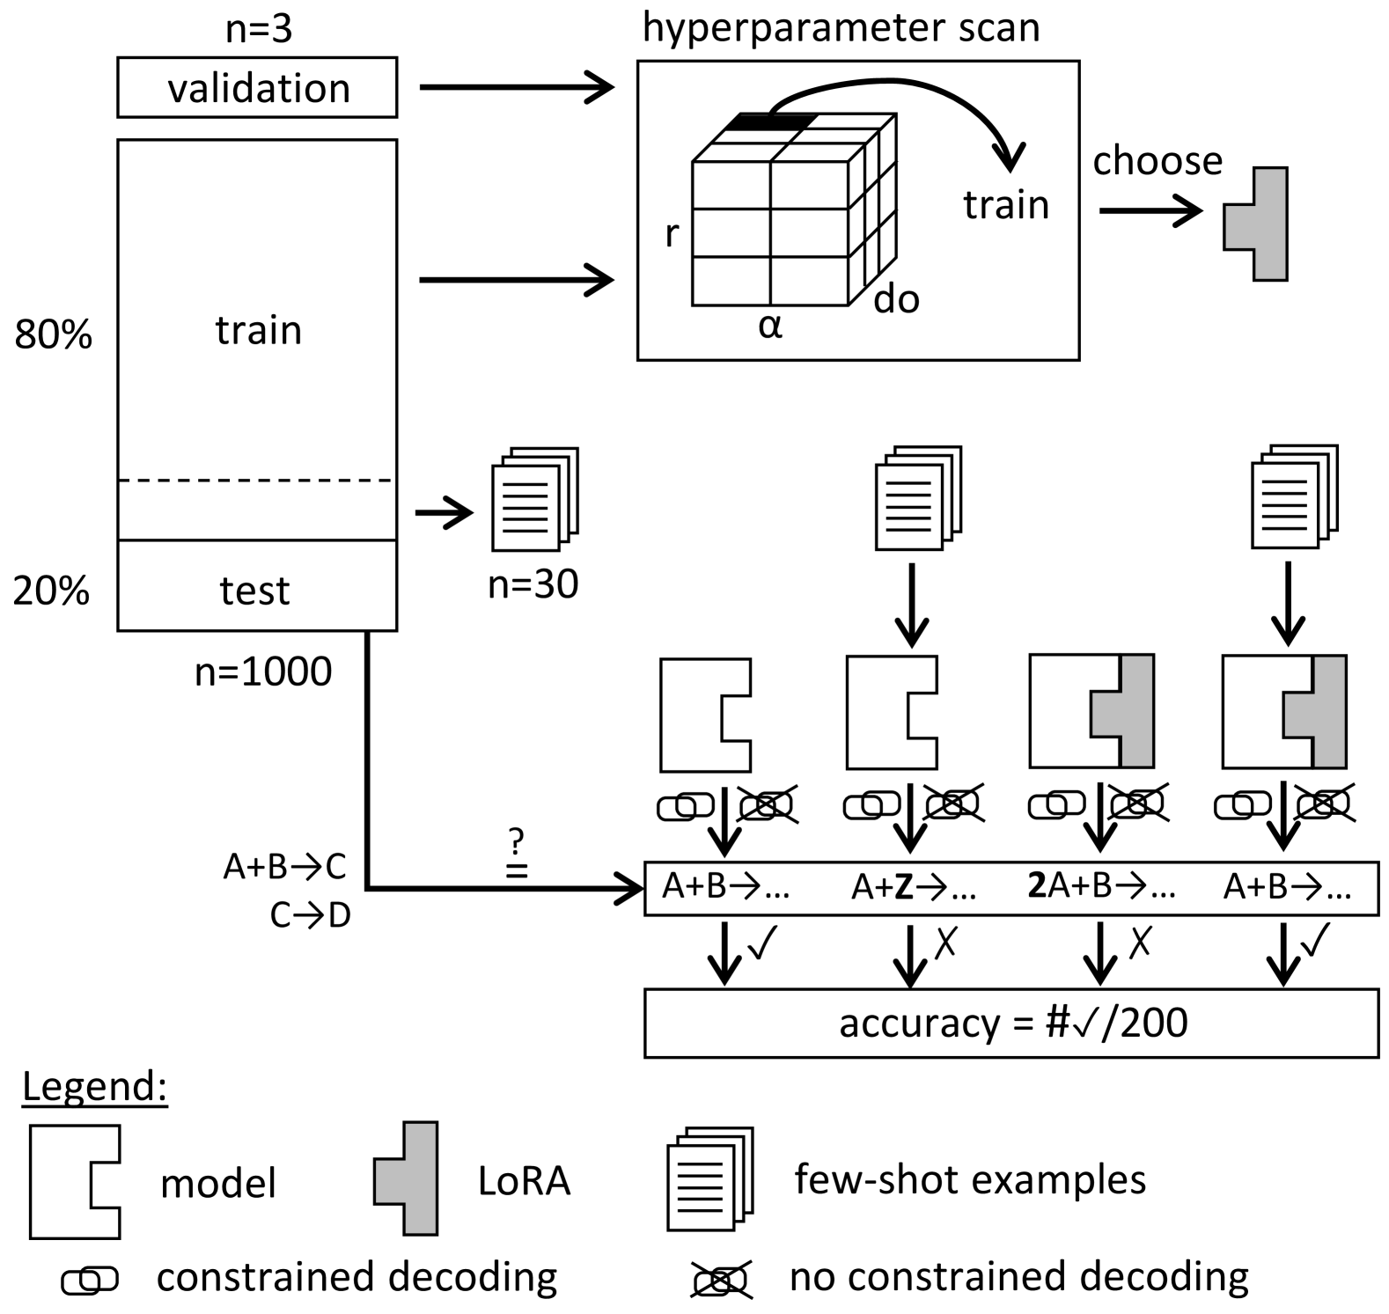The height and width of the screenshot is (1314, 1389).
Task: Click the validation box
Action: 257,88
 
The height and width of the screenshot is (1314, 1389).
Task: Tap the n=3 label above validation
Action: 258,29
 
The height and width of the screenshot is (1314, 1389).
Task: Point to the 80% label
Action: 53,335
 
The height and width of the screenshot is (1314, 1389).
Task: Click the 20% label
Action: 51,591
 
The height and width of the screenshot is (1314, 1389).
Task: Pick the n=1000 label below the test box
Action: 263,672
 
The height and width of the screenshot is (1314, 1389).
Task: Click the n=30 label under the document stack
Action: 533,584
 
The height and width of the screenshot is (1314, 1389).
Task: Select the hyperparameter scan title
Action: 841,27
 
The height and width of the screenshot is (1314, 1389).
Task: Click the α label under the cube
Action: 770,327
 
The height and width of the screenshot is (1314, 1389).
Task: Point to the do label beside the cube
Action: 896,300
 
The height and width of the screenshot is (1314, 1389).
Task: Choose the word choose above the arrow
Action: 1157,161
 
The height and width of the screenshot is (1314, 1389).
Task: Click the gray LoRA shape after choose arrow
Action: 1257,224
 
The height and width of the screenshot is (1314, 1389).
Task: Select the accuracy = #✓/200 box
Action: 1011,1023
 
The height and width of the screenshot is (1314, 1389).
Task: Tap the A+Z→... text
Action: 914,888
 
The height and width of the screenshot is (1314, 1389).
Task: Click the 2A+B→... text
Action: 1101,886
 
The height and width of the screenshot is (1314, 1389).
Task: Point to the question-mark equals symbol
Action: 517,855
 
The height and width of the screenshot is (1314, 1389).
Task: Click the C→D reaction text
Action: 310,916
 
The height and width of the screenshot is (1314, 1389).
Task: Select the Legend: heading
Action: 94,1087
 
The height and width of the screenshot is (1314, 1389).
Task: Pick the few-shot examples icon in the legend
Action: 710,1178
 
